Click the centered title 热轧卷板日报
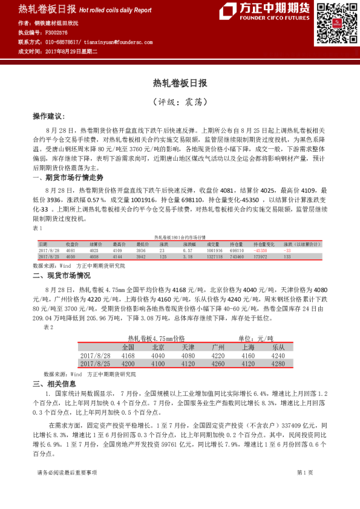tap(180, 82)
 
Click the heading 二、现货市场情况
tap(61, 274)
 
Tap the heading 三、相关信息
tap(54, 384)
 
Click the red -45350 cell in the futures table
tap(261, 250)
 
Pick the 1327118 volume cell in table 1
tap(215, 257)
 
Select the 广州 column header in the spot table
tap(218, 348)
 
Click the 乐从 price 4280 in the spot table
tap(278, 365)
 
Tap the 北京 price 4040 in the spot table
tap(157, 356)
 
